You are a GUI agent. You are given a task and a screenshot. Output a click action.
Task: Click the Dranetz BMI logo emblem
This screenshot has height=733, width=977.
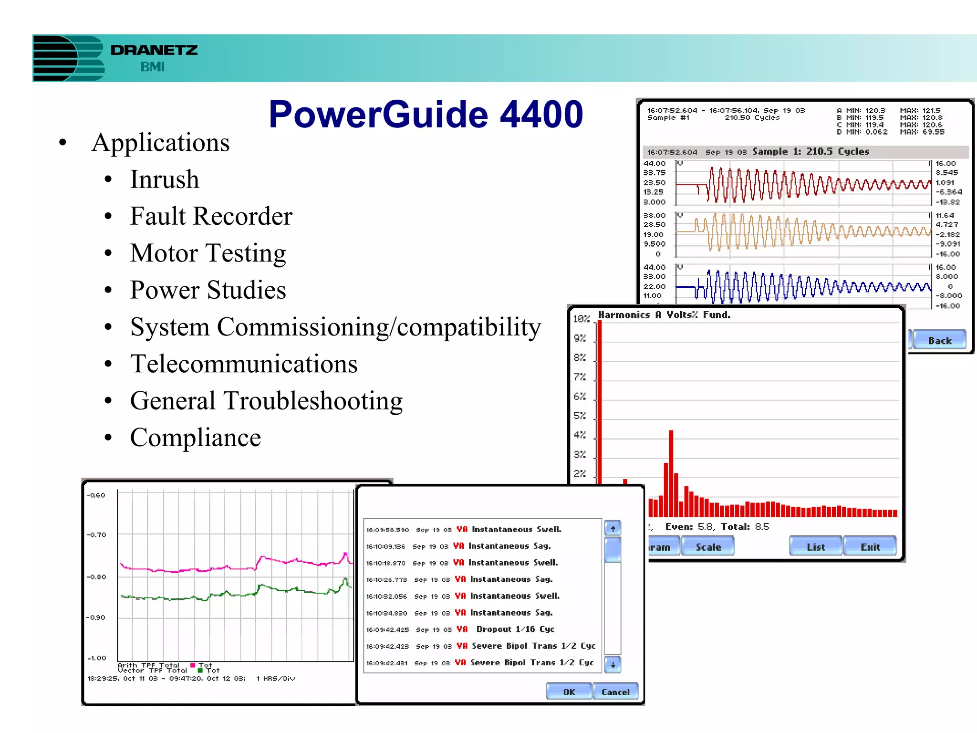[x=68, y=58]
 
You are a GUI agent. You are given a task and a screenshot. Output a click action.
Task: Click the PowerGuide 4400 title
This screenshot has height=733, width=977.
[x=426, y=115]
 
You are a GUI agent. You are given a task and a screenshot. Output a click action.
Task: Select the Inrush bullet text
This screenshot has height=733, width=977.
[x=165, y=179]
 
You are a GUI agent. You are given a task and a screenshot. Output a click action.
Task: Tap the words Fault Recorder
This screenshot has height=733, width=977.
[x=211, y=216]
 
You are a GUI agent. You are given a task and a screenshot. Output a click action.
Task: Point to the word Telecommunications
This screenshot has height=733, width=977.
[x=244, y=364]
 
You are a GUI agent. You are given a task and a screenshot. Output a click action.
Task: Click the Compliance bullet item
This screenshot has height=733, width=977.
[x=195, y=438]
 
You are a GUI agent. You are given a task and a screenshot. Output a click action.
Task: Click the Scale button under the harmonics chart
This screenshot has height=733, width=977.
[x=708, y=547]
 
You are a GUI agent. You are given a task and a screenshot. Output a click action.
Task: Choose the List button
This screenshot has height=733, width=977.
[x=815, y=547]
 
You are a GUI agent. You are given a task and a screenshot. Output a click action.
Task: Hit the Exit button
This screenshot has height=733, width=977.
[x=870, y=547]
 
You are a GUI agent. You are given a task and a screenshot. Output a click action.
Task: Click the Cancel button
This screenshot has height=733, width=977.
[x=615, y=692]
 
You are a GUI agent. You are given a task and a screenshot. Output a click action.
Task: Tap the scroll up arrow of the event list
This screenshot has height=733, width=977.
[x=613, y=528]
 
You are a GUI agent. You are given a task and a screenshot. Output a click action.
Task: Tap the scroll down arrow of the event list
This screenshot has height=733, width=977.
[x=613, y=664]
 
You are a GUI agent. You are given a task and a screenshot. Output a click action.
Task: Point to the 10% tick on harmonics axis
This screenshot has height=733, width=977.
[x=581, y=319]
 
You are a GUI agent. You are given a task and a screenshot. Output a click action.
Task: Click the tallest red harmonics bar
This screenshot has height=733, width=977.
[x=600, y=401]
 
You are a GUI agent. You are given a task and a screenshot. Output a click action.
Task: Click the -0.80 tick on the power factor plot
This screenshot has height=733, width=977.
[x=97, y=577]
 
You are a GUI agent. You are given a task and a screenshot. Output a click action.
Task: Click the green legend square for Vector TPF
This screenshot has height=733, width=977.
[x=200, y=670]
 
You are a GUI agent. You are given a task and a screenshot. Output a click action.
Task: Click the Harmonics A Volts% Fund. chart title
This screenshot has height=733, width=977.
[x=664, y=315]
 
